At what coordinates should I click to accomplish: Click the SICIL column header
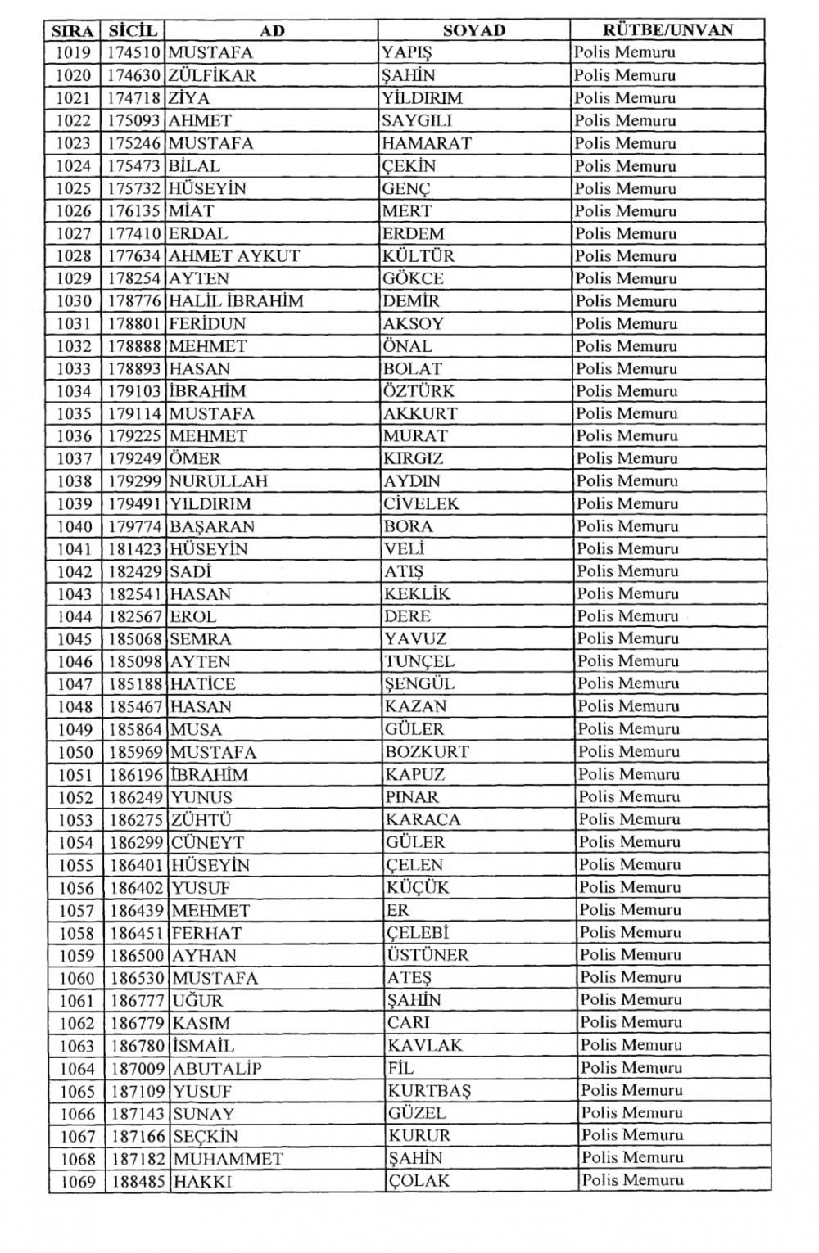click(x=133, y=31)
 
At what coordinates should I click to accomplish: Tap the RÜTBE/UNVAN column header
click(x=667, y=31)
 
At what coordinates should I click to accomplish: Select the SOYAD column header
click(x=474, y=31)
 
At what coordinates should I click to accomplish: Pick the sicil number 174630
click(x=135, y=76)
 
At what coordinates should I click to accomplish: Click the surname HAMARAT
click(x=427, y=143)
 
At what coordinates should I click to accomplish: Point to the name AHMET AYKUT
click(x=234, y=256)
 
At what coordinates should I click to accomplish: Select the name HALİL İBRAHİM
click(x=236, y=301)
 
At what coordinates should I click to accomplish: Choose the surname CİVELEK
click(x=422, y=504)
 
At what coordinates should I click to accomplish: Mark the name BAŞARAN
click(x=212, y=527)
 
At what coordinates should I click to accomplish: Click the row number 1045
click(x=75, y=639)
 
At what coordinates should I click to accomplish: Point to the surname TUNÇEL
click(x=420, y=662)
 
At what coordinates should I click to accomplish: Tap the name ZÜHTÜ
click(x=201, y=820)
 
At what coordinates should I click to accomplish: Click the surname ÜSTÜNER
click(x=428, y=955)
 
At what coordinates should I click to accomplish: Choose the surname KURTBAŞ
click(x=429, y=1091)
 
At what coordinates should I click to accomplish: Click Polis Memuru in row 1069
click(x=632, y=1180)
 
